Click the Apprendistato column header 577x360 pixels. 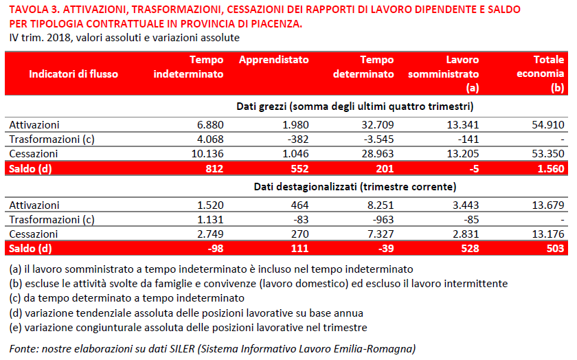click(274, 60)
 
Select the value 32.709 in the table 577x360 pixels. click(378, 125)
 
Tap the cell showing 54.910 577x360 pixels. click(548, 125)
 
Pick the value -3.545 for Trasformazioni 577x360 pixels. click(379, 139)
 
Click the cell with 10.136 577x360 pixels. click(207, 153)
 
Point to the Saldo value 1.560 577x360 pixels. click(551, 168)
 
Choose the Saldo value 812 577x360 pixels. click(214, 168)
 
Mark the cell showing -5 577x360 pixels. click(474, 168)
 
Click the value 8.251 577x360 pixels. click(381, 205)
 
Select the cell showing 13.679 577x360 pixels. click(548, 205)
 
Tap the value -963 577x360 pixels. click(383, 219)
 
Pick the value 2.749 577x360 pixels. click(210, 234)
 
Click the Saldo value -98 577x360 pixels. click(215, 249)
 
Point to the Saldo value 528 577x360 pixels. click(471, 249)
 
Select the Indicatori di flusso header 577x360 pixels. click(73, 74)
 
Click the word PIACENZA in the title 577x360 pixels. click(276, 24)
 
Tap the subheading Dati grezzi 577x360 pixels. click(261, 106)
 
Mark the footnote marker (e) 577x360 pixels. click(15, 328)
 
